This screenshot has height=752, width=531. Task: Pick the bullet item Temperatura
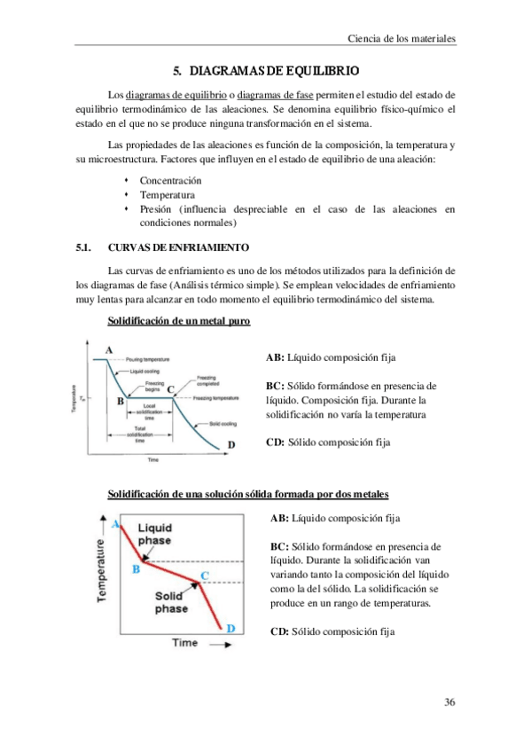(168, 195)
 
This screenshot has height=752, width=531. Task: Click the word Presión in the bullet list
(156, 209)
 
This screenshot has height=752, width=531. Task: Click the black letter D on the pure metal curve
(232, 445)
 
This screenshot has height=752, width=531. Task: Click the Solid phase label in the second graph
(171, 602)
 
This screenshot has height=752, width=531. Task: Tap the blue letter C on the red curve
(206, 576)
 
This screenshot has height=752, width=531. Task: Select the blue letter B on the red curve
(135, 569)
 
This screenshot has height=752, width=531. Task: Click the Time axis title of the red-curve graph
(184, 641)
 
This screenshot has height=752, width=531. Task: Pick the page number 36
(449, 702)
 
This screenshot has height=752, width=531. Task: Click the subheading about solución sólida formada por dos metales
(246, 493)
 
